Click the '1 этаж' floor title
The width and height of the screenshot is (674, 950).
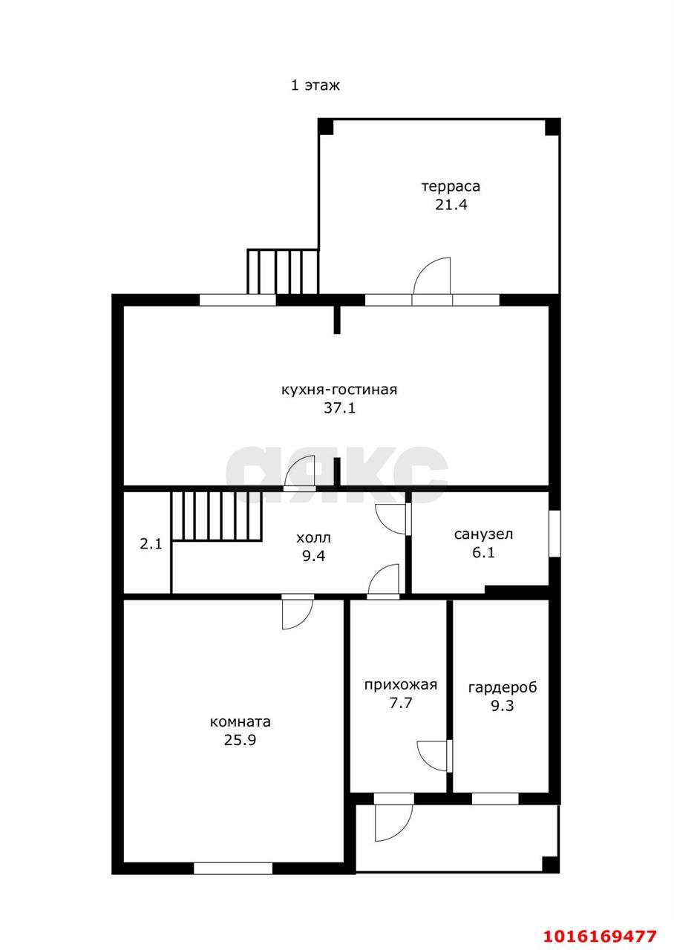[x=315, y=85]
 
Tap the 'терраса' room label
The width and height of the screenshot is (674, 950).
[x=451, y=186]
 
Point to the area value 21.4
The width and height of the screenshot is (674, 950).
[x=451, y=205]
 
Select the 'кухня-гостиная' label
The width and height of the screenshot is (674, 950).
[x=339, y=390]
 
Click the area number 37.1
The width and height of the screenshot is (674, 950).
[x=340, y=408]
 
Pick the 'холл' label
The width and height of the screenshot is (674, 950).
[x=313, y=538]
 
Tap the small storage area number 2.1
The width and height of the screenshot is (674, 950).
[x=151, y=544]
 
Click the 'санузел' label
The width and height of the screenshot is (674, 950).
[x=483, y=534]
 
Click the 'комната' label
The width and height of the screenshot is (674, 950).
[x=240, y=721]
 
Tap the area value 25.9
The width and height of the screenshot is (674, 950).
[x=240, y=740]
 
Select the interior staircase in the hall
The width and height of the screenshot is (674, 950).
[x=216, y=516]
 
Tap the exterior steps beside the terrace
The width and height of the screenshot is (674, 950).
[x=283, y=272]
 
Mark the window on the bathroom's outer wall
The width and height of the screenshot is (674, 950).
[x=554, y=533]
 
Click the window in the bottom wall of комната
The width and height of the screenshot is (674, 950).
[x=233, y=868]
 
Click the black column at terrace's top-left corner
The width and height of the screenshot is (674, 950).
[x=326, y=127]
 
